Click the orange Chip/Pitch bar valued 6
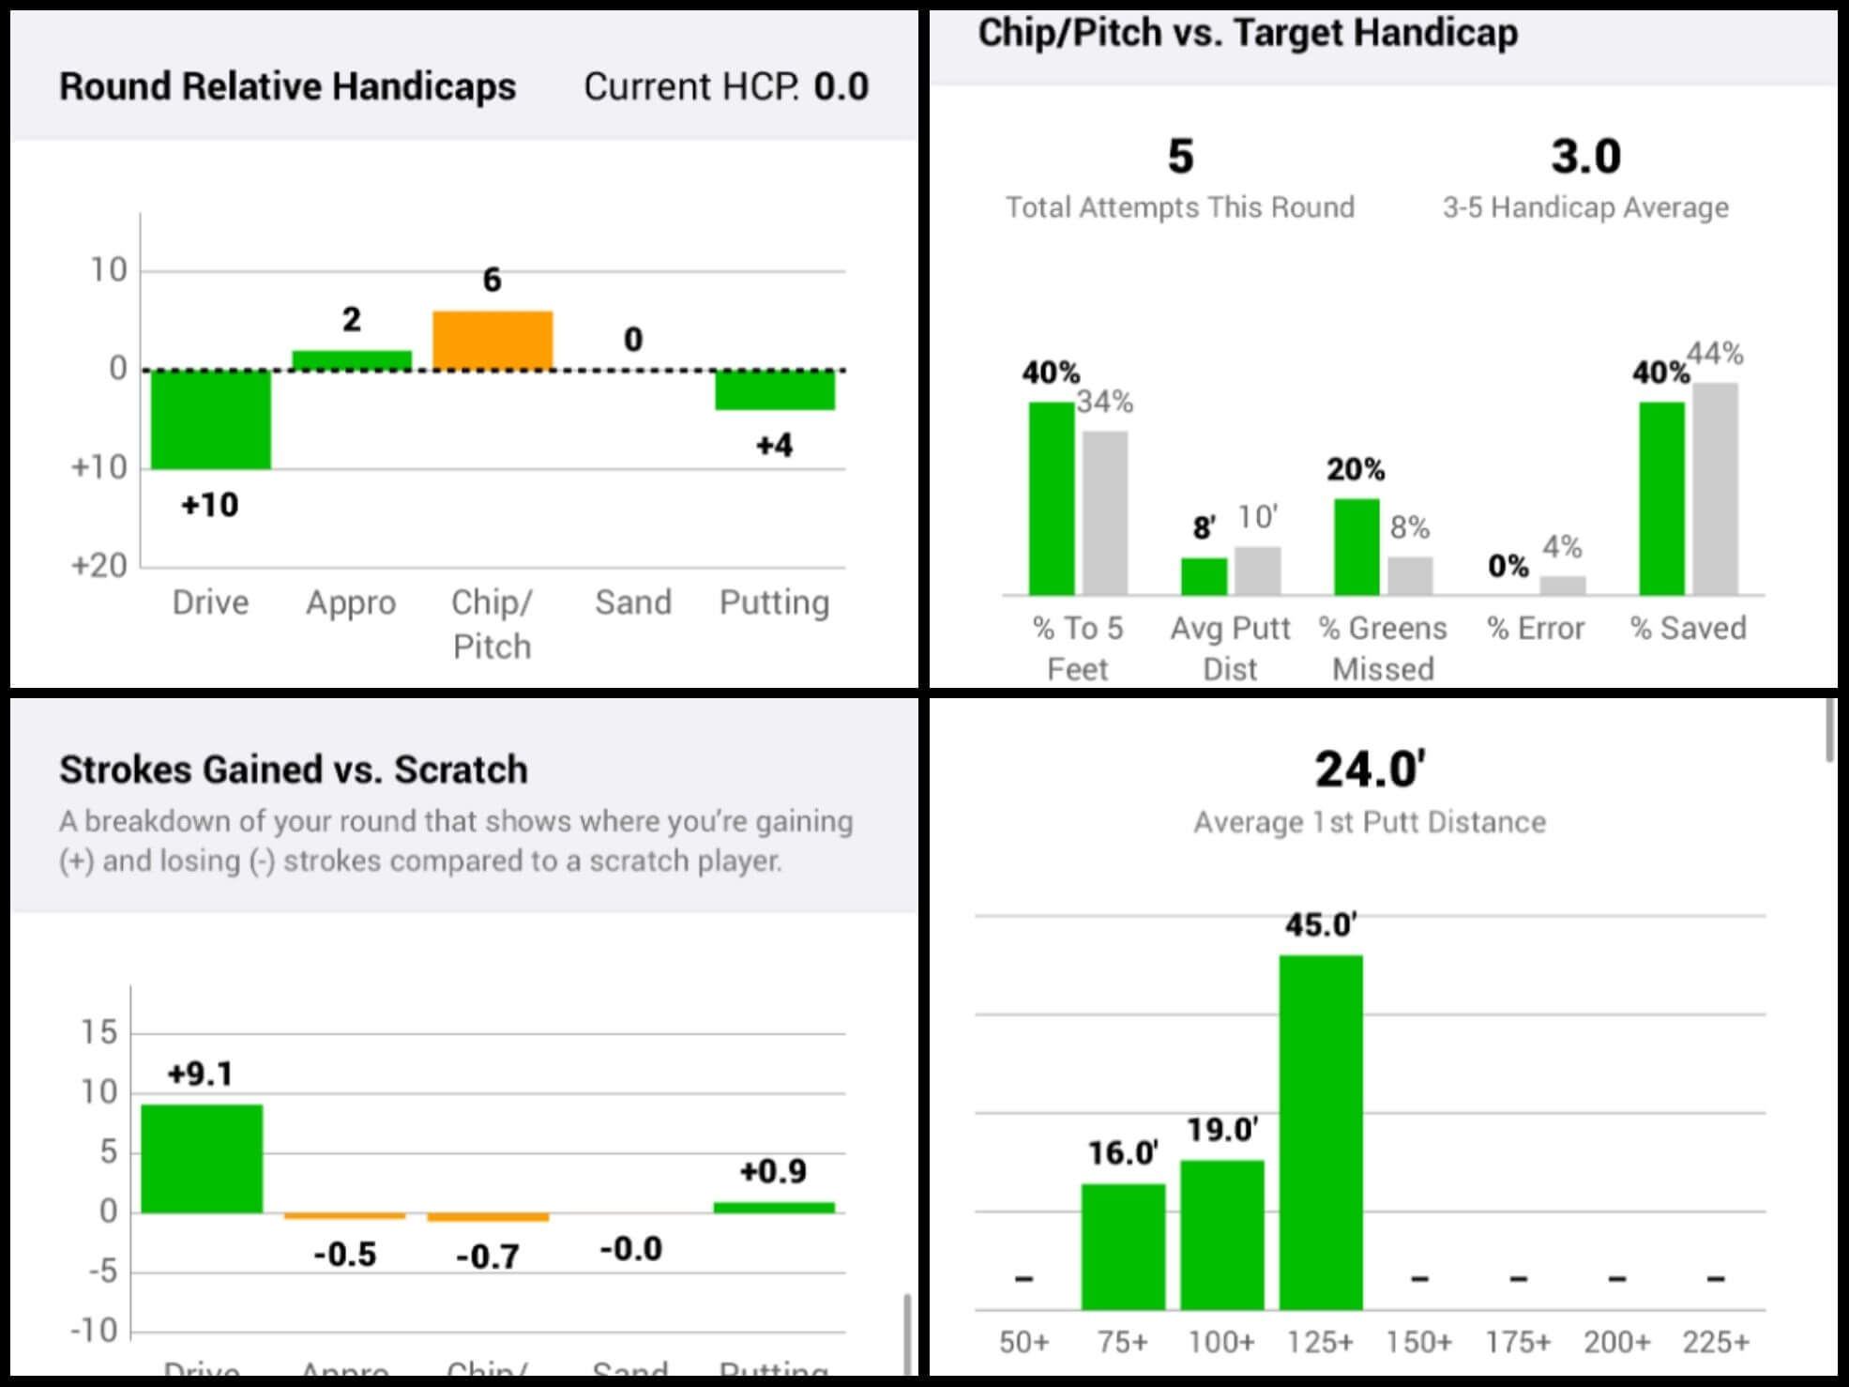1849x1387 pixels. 493,340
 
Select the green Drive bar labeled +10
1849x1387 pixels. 211,419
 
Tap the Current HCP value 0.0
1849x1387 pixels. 841,86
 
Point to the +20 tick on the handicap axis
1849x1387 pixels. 99,566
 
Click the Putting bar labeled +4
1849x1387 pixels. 775,390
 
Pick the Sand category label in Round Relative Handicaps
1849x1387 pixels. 633,602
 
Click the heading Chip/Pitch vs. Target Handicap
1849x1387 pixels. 1248,33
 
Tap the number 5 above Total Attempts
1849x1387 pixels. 1180,156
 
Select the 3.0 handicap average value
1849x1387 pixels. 1585,156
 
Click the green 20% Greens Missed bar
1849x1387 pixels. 1356,546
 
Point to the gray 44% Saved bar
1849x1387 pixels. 1716,489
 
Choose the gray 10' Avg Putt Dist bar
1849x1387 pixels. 1257,571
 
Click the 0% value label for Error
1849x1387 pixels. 1508,566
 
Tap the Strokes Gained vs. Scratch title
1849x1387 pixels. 294,770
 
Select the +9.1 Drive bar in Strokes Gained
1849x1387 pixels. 202,1158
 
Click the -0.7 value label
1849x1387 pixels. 488,1256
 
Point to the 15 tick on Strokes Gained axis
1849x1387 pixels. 99,1033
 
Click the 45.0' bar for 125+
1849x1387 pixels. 1321,1132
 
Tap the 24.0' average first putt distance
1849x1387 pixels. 1370,770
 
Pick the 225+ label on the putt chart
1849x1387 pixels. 1716,1342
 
